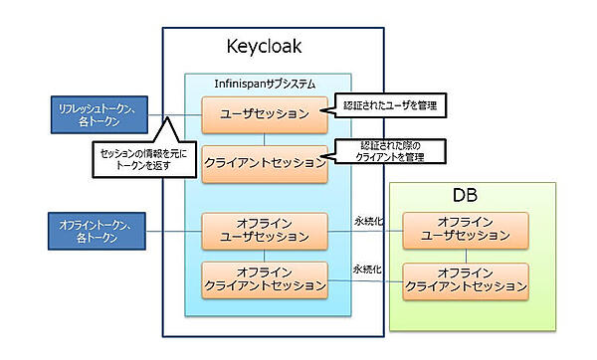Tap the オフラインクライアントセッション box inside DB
(466, 279)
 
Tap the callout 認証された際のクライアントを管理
(388, 151)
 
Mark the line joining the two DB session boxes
(466, 256)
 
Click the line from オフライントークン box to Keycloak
(174, 233)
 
